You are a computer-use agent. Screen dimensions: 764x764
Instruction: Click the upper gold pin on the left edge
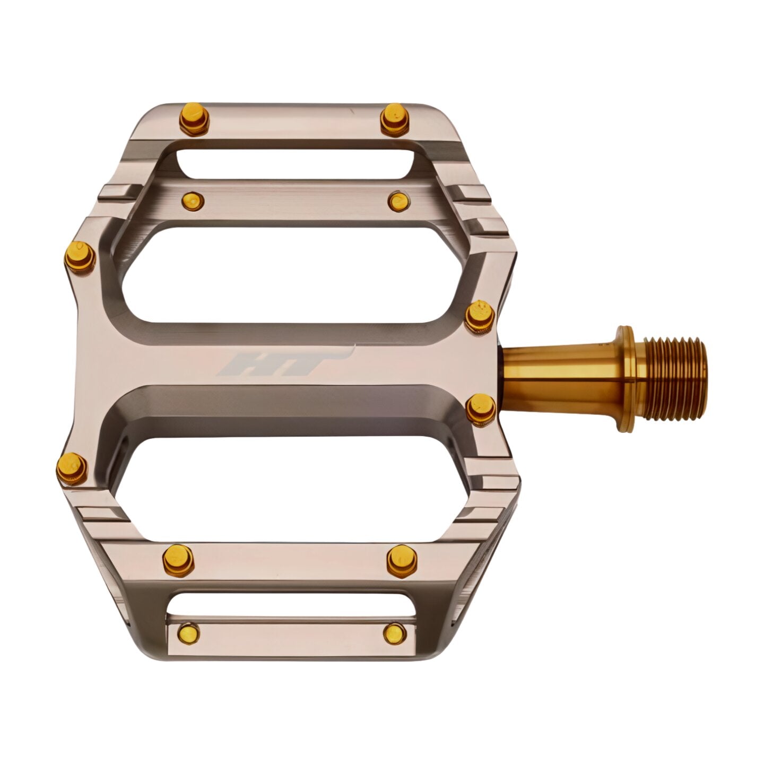80,256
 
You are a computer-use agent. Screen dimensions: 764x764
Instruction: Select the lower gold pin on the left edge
73,468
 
